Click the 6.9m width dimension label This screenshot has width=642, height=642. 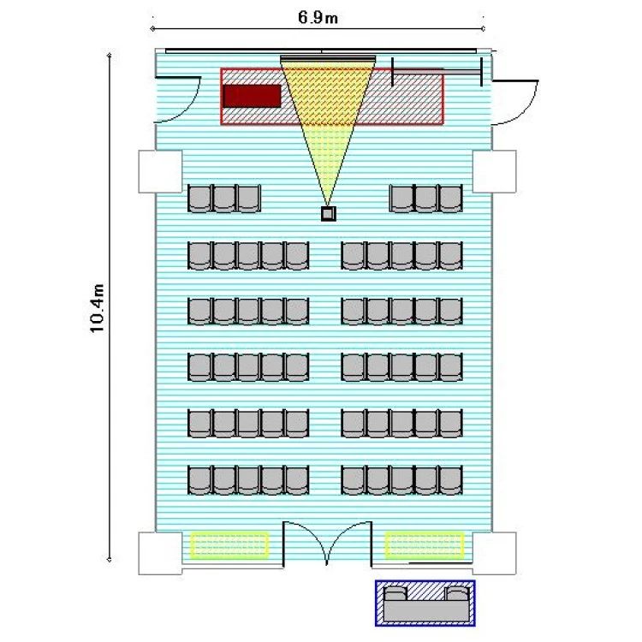(318, 17)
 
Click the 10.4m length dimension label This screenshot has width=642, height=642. (98, 308)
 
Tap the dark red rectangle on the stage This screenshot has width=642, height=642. (252, 96)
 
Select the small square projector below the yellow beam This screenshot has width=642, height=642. (328, 213)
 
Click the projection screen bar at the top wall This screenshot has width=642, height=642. (328, 59)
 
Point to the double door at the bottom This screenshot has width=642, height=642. (327, 544)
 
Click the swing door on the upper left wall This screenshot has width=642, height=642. (178, 99)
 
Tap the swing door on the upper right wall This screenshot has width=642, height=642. (515, 103)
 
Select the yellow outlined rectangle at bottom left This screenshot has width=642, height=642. (229, 545)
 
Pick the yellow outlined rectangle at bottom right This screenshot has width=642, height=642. (425, 545)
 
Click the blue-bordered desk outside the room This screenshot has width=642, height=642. (425, 603)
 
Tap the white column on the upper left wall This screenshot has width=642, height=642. (160, 171)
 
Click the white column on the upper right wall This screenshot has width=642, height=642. (494, 171)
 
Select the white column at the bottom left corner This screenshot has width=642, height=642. (160, 553)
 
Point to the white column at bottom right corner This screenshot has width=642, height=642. (494, 553)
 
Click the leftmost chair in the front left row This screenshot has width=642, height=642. (199, 199)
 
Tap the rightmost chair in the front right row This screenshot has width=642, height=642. (450, 199)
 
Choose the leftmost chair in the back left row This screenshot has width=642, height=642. (199, 480)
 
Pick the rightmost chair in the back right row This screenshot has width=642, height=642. (450, 480)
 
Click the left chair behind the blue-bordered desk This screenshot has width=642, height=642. (395, 594)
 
